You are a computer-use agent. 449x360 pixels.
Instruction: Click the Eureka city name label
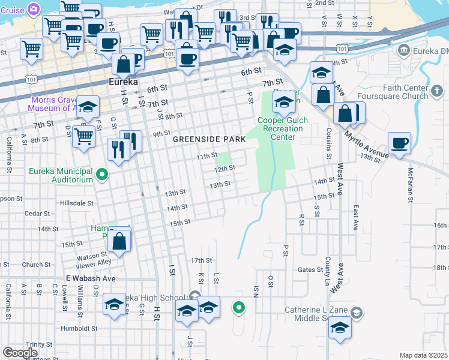[122, 82]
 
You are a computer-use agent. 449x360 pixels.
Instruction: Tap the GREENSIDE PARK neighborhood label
[209, 139]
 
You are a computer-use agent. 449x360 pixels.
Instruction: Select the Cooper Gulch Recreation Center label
[283, 128]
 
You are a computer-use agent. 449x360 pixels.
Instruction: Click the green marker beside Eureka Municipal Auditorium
[102, 176]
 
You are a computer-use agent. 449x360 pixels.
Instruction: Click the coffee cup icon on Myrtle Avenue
[399, 143]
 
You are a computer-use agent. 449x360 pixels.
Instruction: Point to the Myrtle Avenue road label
[366, 143]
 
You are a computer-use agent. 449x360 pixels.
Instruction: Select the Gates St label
[310, 270]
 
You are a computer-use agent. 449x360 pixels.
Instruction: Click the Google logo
[20, 353]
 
